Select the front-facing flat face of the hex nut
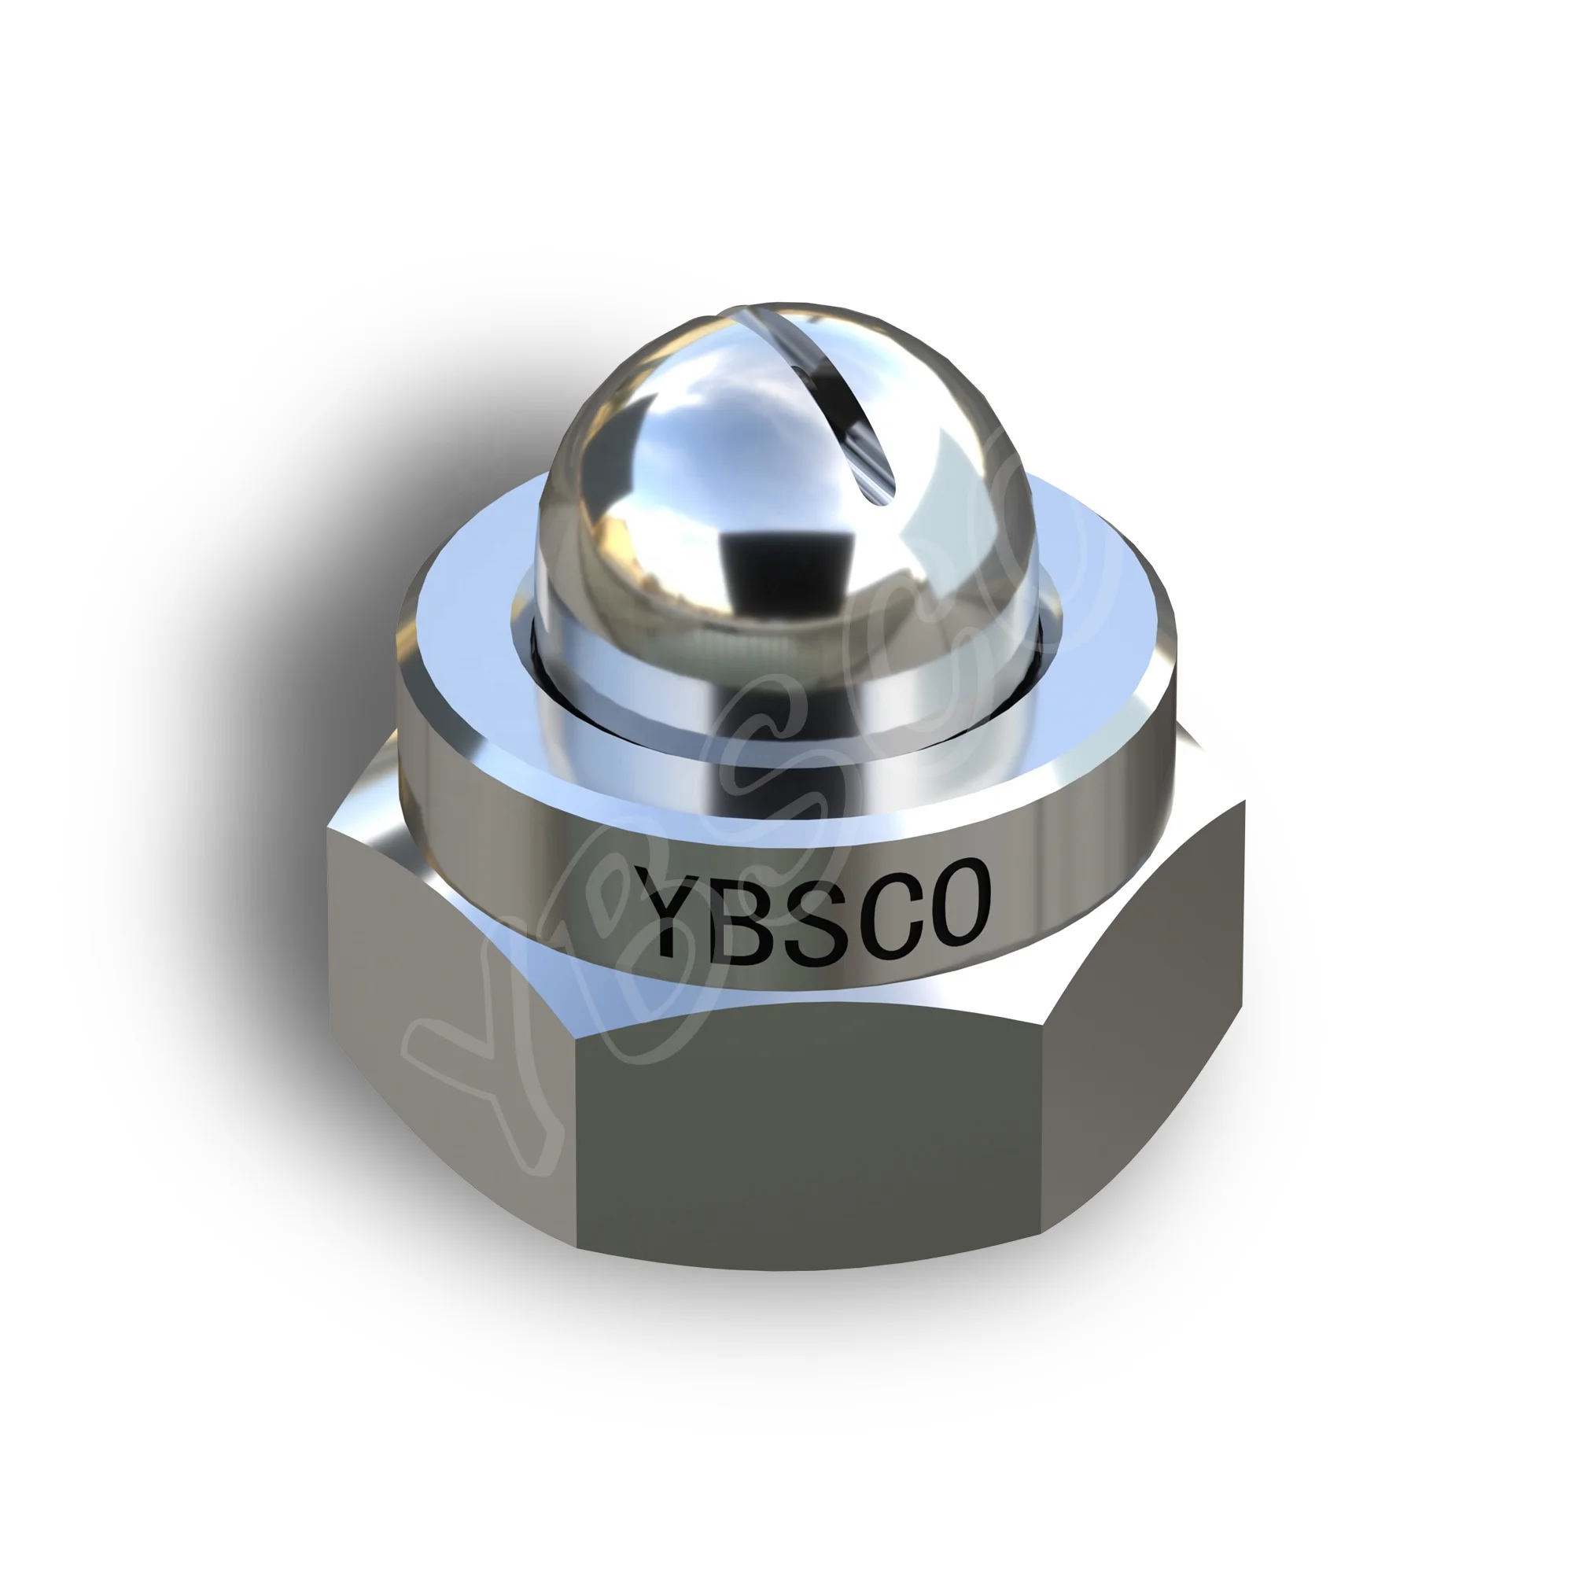[806, 1132]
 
